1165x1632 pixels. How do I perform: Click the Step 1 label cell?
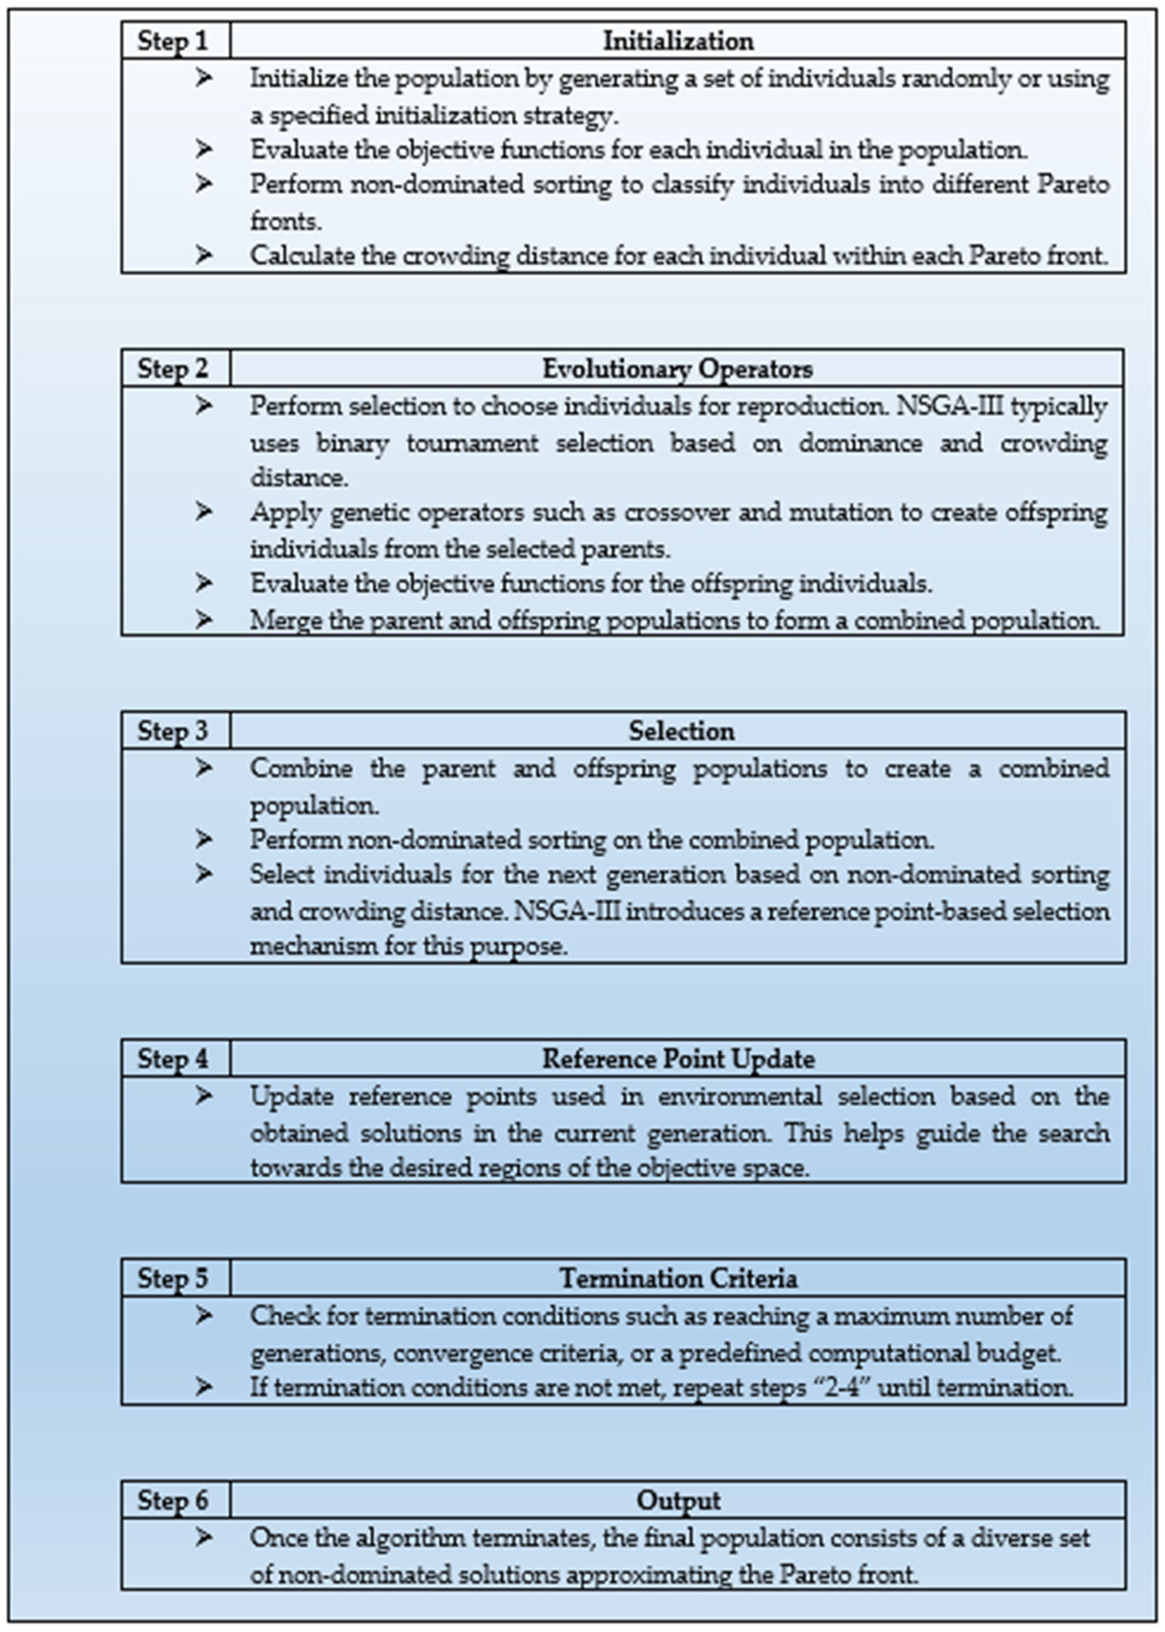click(x=173, y=40)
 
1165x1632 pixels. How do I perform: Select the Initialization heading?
click(x=678, y=40)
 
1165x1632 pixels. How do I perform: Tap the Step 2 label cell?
click(x=173, y=368)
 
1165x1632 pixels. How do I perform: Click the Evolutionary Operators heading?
click(x=678, y=368)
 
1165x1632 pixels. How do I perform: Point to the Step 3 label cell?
click(x=173, y=730)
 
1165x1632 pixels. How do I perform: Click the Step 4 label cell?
click(x=173, y=1059)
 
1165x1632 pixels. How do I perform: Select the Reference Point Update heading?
click(x=678, y=1059)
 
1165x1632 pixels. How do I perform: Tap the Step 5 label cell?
click(x=173, y=1278)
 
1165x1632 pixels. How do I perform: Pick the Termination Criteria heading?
click(x=678, y=1278)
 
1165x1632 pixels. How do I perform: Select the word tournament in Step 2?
click(x=472, y=443)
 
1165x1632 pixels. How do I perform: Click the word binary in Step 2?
click(x=352, y=443)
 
